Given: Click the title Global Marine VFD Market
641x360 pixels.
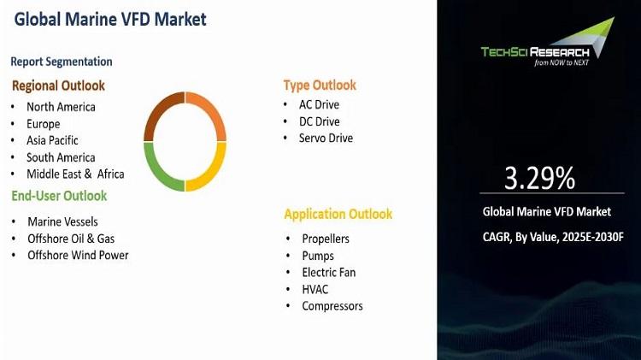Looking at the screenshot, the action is click(110, 19).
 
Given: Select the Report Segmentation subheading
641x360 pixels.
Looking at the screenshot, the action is click(62, 62).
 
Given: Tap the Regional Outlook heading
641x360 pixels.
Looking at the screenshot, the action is click(58, 86).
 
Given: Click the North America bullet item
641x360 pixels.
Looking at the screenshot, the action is click(61, 107).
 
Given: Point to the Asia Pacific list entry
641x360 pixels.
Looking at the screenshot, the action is click(52, 140).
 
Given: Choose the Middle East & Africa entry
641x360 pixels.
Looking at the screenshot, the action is click(75, 174).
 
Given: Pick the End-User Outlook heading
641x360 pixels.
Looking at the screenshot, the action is click(59, 196).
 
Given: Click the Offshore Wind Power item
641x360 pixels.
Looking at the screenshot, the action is click(78, 256).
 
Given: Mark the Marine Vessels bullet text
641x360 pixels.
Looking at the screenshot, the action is click(62, 221).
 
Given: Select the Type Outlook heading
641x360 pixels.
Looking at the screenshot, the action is click(320, 86).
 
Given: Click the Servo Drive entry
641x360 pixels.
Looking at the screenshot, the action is click(326, 138).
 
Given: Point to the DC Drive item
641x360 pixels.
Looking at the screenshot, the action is click(320, 121).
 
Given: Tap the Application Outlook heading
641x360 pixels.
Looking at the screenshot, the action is click(338, 214).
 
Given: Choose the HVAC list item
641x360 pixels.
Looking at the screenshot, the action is click(315, 289).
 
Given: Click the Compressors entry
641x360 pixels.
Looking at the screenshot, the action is click(332, 306).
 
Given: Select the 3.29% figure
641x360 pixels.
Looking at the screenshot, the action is click(539, 178).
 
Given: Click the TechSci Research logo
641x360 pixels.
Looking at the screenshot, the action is click(548, 42).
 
